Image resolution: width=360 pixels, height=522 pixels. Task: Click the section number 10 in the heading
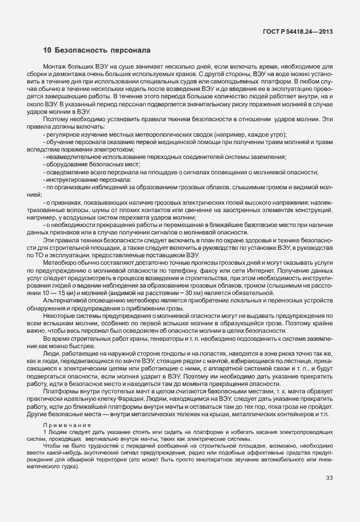point(46,51)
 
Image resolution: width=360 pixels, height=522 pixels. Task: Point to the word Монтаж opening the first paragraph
point(55,67)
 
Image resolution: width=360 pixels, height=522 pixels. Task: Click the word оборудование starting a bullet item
point(64,164)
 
